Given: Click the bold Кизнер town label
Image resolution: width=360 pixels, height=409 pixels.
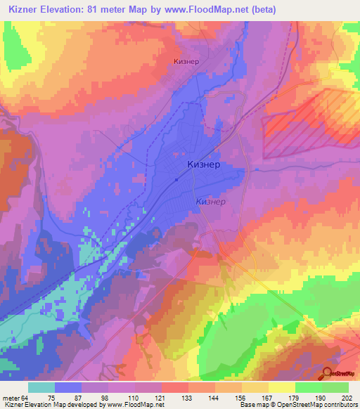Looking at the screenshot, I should [x=204, y=164].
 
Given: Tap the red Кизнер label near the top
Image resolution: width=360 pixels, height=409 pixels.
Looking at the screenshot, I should [x=186, y=61].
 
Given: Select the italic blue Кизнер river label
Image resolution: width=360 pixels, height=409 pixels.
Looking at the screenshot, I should [x=210, y=202].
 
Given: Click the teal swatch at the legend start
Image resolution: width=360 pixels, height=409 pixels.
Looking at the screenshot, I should [x=41, y=388].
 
